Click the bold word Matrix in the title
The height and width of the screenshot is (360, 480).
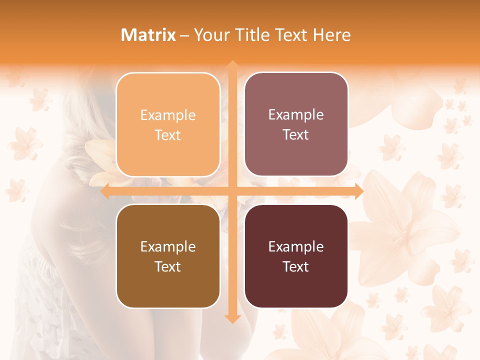[x=148, y=35]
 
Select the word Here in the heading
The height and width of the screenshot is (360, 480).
[x=332, y=35]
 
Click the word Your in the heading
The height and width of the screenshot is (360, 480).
[x=211, y=35]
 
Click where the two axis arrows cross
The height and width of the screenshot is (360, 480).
[x=232, y=191]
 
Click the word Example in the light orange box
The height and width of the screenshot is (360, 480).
[x=168, y=115]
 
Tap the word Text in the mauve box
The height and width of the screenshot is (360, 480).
[x=296, y=135]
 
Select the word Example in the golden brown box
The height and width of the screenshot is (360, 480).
[x=168, y=246]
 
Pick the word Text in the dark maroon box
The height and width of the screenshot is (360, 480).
[x=296, y=266]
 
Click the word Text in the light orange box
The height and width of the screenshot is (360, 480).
[x=168, y=135]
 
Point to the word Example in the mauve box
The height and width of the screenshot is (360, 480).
[x=296, y=115]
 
